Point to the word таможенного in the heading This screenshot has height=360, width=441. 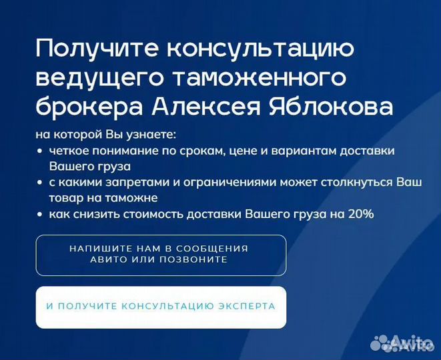coord(260,77)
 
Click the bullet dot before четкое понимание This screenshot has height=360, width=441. coord(41,151)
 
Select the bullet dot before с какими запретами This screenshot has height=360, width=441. coord(41,183)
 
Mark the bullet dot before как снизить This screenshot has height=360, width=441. coord(41,215)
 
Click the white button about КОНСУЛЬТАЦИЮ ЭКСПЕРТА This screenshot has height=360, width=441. coord(161,307)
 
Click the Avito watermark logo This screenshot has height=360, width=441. coord(402,343)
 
